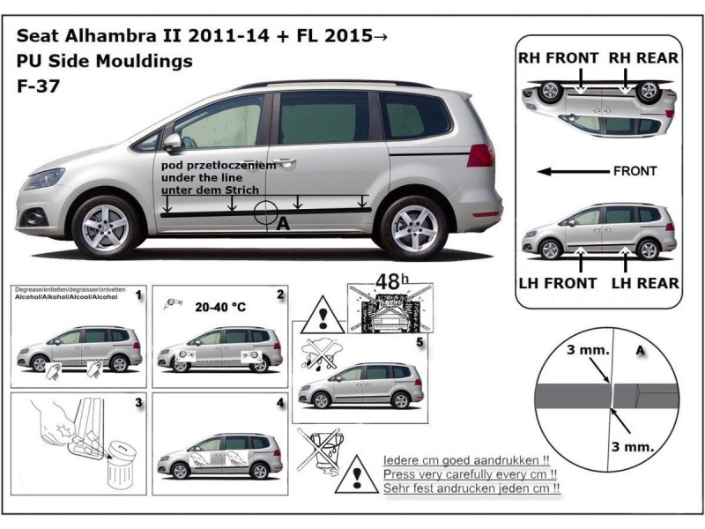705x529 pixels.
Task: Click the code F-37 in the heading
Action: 33,88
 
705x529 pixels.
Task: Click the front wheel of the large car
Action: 105,227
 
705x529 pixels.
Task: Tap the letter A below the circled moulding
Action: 283,226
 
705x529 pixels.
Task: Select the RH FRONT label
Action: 558,58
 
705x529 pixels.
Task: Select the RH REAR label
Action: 647,58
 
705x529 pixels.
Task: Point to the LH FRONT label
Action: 560,283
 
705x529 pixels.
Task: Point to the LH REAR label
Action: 647,283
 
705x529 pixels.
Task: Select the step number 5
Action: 420,339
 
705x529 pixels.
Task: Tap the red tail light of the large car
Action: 480,155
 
